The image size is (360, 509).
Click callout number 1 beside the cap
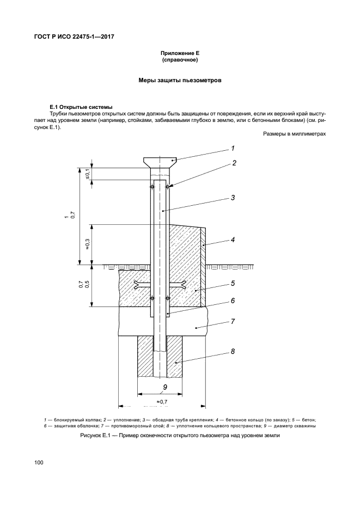coord(232,148)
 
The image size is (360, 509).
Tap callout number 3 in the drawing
coord(233,198)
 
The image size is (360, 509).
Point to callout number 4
coord(233,239)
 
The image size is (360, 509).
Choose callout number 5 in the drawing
coord(233,283)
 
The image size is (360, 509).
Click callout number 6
coord(233,301)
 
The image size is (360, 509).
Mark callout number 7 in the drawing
coord(233,321)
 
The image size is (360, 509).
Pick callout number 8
coord(233,352)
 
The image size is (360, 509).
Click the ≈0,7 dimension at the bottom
coord(162,401)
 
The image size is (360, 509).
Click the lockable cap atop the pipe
coord(161,161)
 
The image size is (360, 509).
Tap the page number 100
coord(39,463)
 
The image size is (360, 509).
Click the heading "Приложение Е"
coord(180,53)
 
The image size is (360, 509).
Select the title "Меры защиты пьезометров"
coord(180,81)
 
